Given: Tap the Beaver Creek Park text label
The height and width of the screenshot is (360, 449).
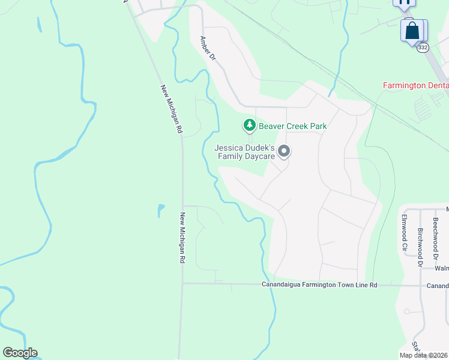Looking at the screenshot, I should coord(292,126).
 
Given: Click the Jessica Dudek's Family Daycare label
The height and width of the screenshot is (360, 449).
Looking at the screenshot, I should coord(245,152).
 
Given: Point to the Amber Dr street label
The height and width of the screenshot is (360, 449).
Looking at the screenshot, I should coord(208,48).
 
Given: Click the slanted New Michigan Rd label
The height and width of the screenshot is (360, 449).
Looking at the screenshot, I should coord(171,108).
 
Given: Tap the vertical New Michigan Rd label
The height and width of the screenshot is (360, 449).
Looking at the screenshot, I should coord(182,238).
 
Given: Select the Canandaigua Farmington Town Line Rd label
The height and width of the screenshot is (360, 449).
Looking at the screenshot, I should coord(319,285).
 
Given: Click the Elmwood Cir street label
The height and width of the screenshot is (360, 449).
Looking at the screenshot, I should coord(405,232).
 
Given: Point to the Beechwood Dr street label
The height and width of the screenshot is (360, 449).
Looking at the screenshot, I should coord(435,234).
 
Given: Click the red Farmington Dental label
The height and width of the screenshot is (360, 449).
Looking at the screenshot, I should coord(416,86).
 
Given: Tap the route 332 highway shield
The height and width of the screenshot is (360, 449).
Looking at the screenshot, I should coord(423,47).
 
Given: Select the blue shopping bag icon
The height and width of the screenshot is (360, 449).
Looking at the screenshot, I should coord(412,31).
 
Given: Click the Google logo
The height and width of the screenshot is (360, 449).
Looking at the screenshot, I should coord(20,353).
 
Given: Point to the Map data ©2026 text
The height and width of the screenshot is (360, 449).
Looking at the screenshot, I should coord(424,355).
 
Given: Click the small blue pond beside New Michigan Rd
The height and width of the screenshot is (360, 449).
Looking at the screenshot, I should coord(161,211).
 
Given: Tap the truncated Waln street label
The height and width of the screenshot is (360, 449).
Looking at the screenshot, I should coord(441,269).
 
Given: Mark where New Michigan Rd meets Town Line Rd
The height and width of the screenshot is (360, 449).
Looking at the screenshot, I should coord(182,284).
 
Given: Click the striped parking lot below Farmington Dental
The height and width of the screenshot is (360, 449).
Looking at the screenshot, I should coord(423,107).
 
